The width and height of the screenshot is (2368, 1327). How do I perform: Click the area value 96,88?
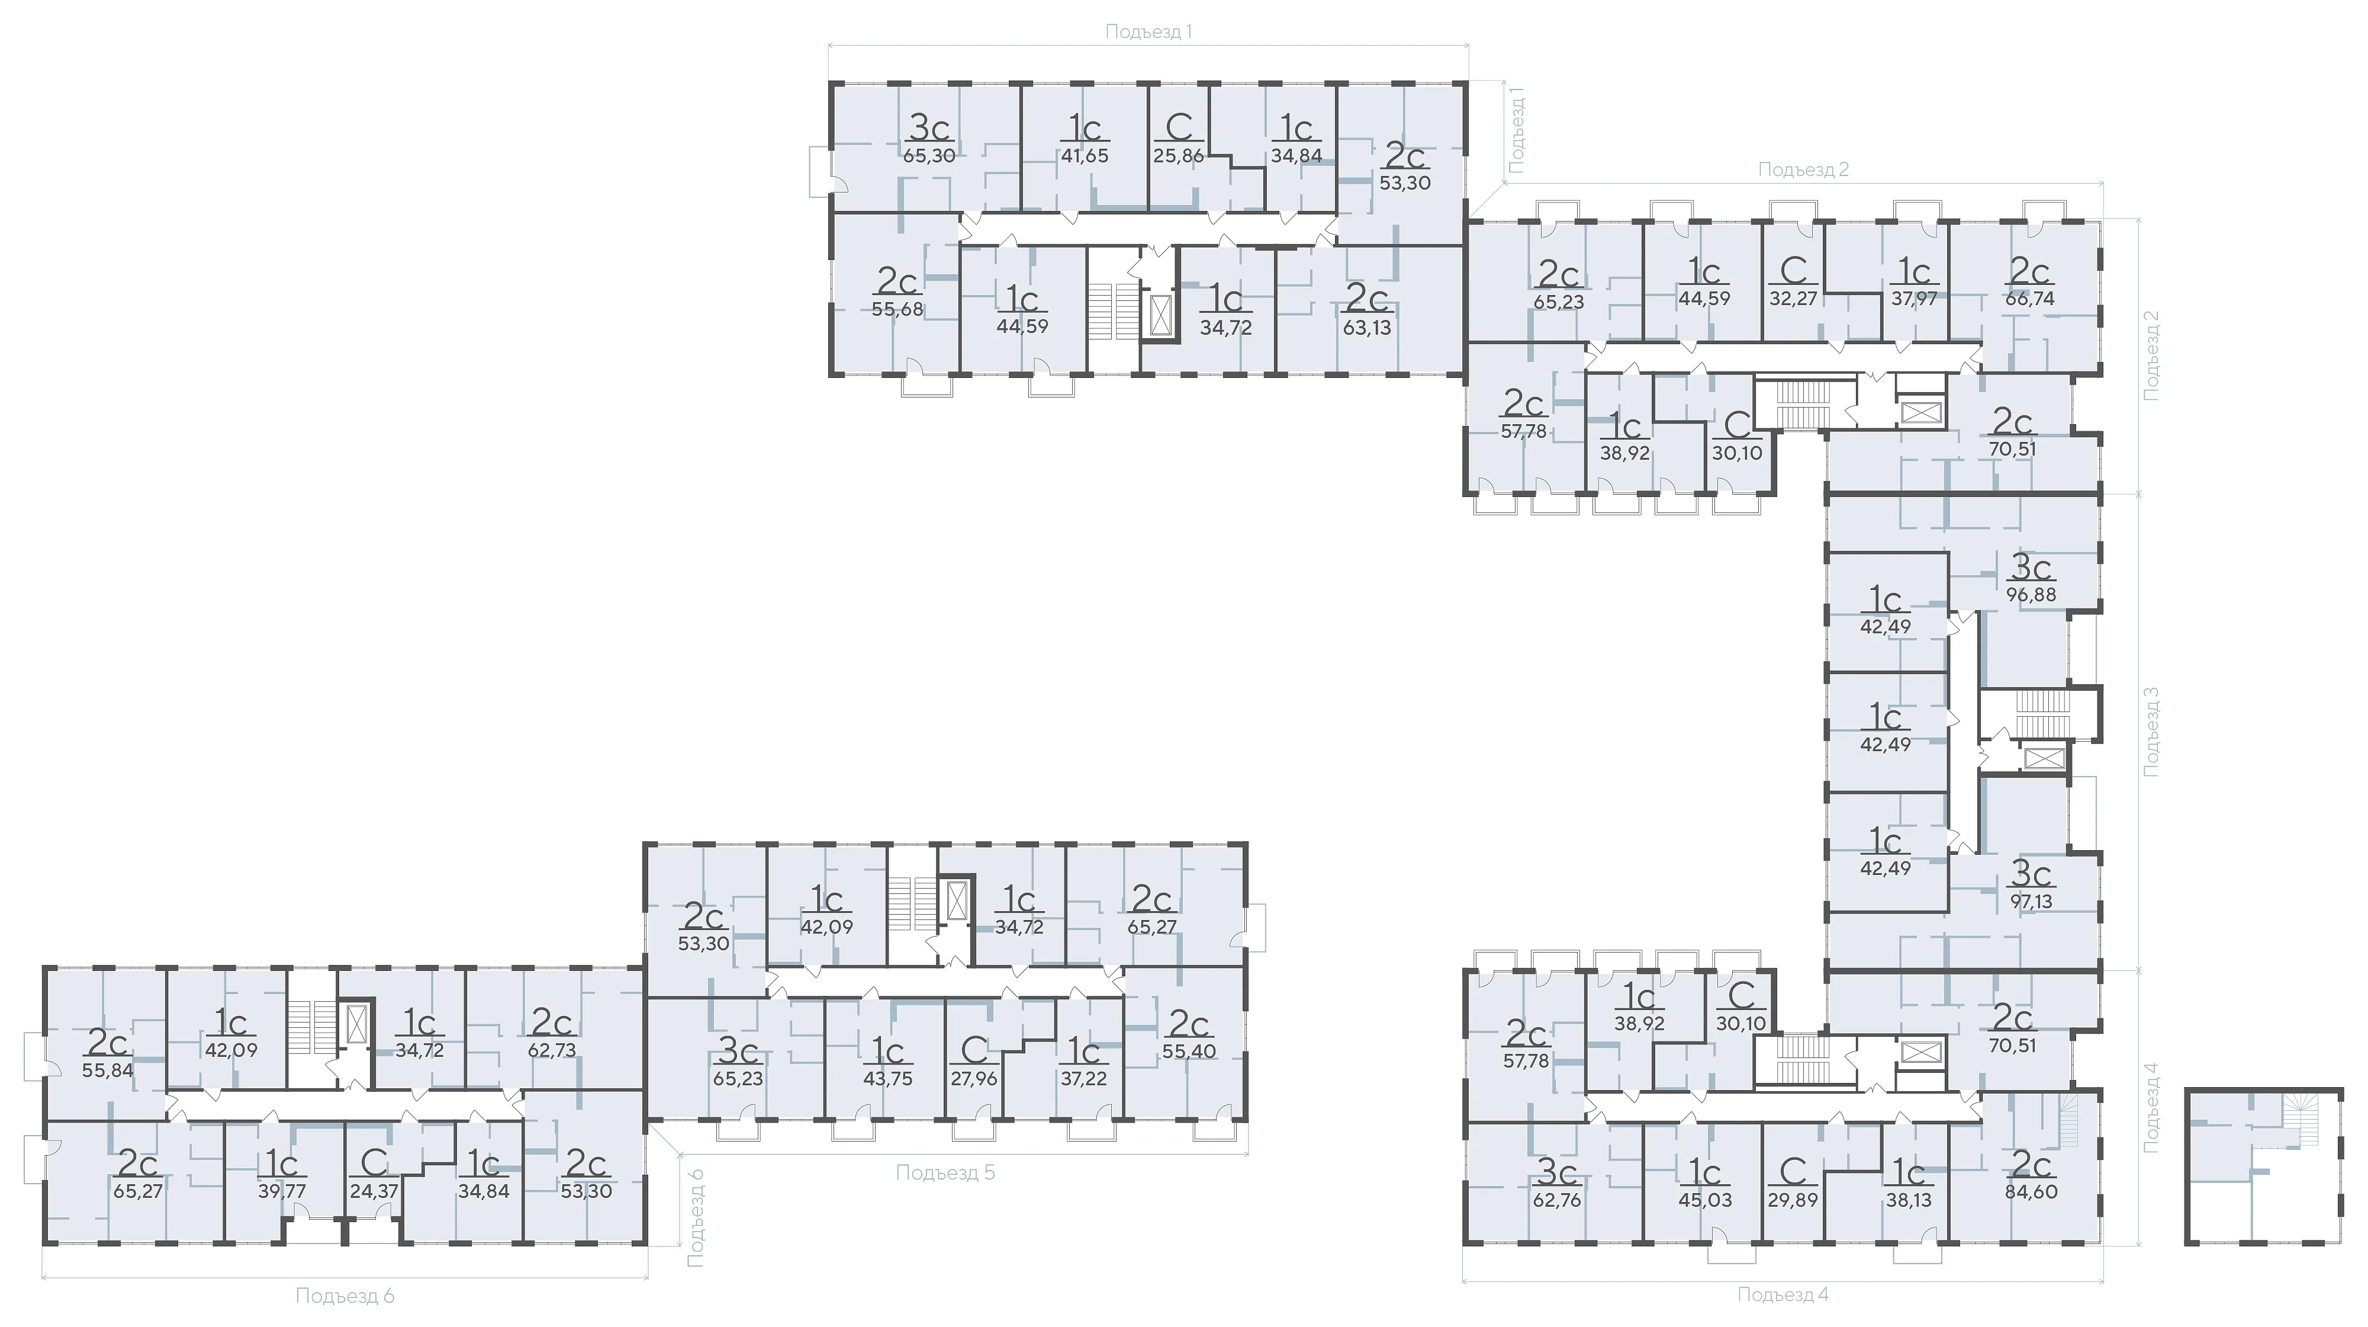click(2031, 595)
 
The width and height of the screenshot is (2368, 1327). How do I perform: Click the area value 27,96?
click(973, 1079)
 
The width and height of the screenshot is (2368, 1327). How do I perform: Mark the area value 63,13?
click(1367, 328)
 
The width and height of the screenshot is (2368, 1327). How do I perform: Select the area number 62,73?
click(552, 1050)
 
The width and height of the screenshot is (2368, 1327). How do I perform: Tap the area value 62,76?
click(1557, 1200)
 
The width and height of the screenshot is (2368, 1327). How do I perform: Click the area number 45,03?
click(1705, 1200)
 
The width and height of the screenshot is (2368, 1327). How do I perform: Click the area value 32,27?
click(1794, 299)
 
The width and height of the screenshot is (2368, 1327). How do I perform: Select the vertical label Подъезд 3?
click(2151, 732)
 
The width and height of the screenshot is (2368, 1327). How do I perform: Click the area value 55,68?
click(897, 310)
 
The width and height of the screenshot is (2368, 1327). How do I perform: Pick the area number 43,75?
click(888, 1079)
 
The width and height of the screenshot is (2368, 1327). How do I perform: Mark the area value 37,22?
click(1084, 1079)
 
